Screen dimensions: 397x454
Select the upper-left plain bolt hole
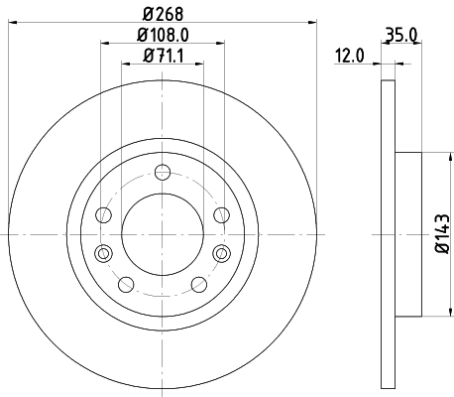click(x=104, y=214)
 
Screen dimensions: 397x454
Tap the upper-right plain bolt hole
click(x=220, y=214)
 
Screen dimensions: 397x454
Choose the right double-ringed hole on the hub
click(x=219, y=252)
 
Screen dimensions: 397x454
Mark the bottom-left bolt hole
click(x=125, y=285)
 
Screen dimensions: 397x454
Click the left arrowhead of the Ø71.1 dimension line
click(x=126, y=64)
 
